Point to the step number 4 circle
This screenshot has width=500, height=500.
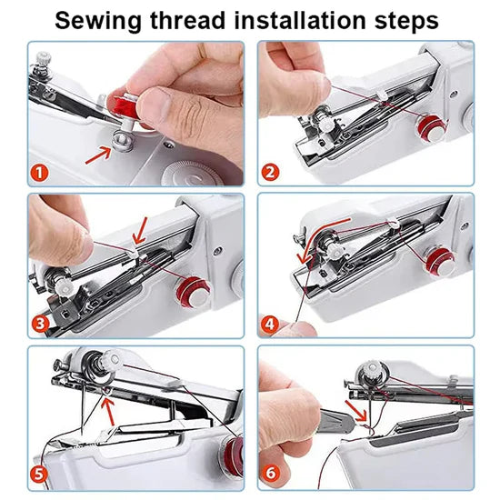coord(271,322)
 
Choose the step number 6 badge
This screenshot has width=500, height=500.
coord(271,473)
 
